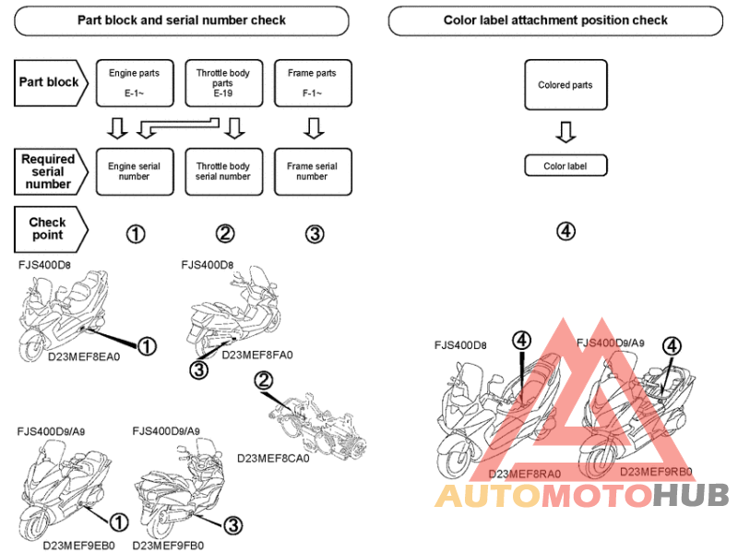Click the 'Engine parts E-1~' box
pyautogui.click(x=134, y=82)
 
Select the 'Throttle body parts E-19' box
pyautogui.click(x=222, y=82)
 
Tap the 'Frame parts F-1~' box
pyautogui.click(x=312, y=82)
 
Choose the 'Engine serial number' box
pyautogui.click(x=134, y=172)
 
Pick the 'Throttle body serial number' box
pyautogui.click(x=222, y=172)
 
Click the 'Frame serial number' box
pyautogui.click(x=312, y=172)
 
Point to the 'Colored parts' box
pyautogui.click(x=565, y=86)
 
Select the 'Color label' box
pyautogui.click(x=565, y=166)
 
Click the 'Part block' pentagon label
pyautogui.click(x=51, y=81)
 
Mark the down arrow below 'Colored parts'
pyautogui.click(x=565, y=133)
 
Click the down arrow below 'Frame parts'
pyautogui.click(x=313, y=126)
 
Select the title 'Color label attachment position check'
pyautogui.click(x=555, y=20)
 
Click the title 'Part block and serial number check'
pyautogui.click(x=182, y=20)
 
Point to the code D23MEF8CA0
pyautogui.click(x=273, y=457)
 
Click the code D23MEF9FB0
pyautogui.click(x=168, y=545)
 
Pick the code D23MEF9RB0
pyautogui.click(x=656, y=471)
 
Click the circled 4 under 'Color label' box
pyautogui.click(x=566, y=231)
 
